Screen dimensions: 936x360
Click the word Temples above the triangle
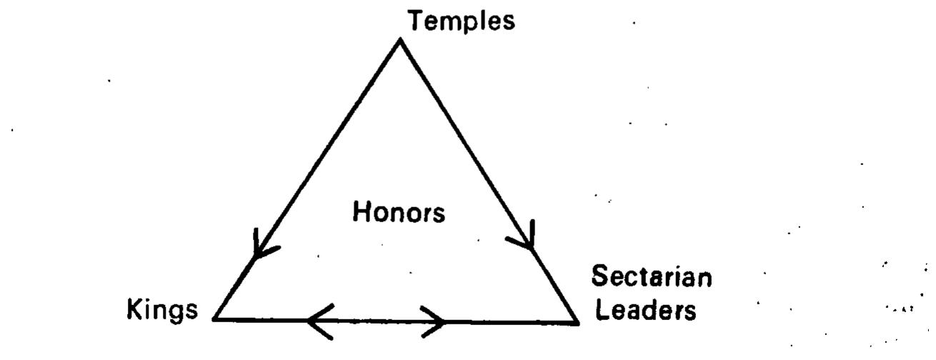(x=462, y=21)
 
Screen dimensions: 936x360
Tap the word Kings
(x=162, y=311)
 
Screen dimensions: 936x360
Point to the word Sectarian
(x=652, y=276)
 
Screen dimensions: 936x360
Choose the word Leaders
(x=646, y=310)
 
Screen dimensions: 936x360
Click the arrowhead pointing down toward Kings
(x=263, y=246)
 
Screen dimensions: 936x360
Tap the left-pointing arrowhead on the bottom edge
(x=320, y=321)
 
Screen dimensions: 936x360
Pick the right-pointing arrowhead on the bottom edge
(x=433, y=322)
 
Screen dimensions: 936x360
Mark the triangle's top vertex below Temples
(x=400, y=39)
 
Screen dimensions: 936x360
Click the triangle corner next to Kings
(x=214, y=319)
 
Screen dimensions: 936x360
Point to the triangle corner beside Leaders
(x=578, y=322)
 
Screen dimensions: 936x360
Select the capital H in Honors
(x=362, y=211)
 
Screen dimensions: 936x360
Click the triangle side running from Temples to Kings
(x=307, y=179)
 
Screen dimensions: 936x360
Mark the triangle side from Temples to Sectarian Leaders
(x=489, y=181)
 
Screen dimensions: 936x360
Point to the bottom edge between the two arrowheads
(x=376, y=321)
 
